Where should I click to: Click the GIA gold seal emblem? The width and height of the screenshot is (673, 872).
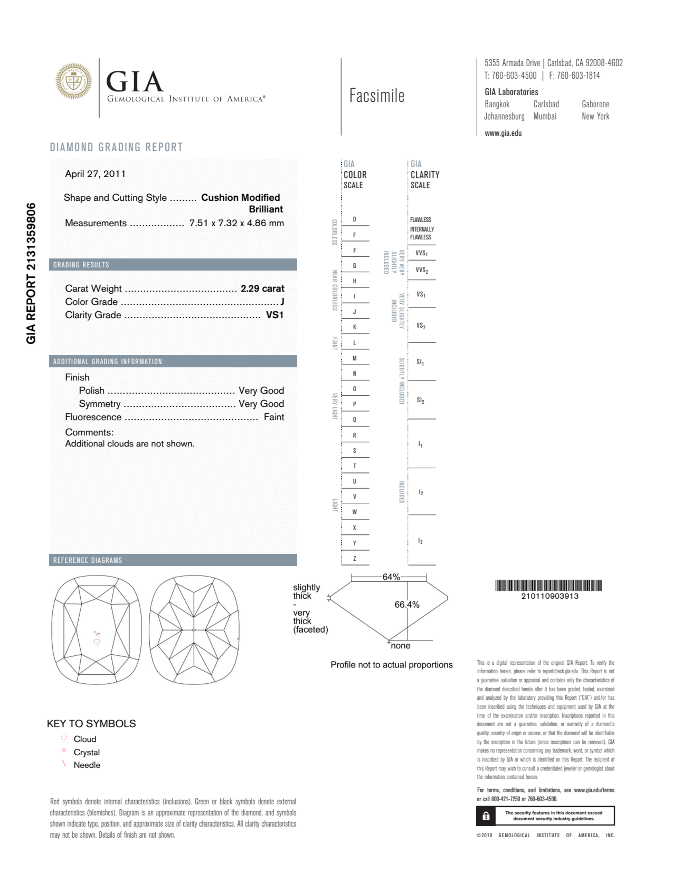(x=73, y=81)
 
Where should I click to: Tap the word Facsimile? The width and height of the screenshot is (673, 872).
(x=377, y=96)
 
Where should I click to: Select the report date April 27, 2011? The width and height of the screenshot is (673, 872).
(x=95, y=174)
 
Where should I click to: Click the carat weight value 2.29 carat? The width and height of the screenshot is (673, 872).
(x=262, y=288)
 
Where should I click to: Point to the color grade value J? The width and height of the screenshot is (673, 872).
(x=282, y=302)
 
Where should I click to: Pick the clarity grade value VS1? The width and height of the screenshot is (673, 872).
(x=274, y=315)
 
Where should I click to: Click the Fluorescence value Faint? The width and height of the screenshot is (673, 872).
(x=274, y=417)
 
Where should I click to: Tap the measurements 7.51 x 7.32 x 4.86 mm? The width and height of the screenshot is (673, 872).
(x=236, y=223)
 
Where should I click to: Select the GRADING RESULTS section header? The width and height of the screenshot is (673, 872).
(x=81, y=265)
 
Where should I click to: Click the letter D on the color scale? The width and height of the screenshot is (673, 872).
(x=354, y=220)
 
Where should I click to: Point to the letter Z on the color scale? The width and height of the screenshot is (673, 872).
(x=354, y=559)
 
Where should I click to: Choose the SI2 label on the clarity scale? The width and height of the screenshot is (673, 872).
(x=420, y=400)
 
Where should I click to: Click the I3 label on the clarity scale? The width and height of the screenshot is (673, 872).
(x=420, y=541)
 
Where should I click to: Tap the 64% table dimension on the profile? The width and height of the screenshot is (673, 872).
(x=391, y=577)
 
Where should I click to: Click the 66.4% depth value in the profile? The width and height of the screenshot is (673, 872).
(x=407, y=605)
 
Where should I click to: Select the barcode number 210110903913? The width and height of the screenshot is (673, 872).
(x=549, y=596)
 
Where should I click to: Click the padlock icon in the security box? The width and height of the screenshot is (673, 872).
(x=486, y=816)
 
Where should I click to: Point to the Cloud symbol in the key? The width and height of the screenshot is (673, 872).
(x=64, y=738)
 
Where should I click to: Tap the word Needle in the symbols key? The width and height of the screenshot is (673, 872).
(x=87, y=765)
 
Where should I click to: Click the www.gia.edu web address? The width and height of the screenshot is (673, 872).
(x=503, y=133)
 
